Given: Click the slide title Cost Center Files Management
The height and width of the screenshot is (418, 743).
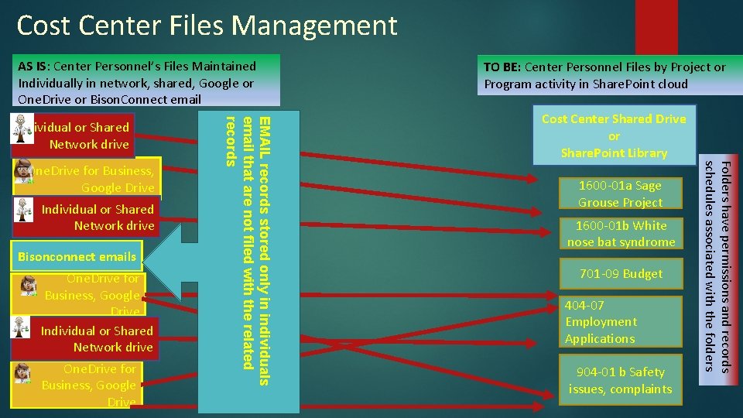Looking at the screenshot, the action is pyautogui.click(x=207, y=26).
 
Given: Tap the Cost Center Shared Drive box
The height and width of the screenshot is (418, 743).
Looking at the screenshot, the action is pyautogui.click(x=614, y=135).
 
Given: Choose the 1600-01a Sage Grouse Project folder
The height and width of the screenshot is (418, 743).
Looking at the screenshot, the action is pyautogui.click(x=621, y=194).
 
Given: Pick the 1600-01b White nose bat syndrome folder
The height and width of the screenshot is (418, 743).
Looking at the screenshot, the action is pyautogui.click(x=621, y=234).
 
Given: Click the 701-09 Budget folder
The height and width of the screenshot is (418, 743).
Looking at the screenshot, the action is pyautogui.click(x=621, y=274).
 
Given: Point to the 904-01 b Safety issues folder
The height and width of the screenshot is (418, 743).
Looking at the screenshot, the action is pyautogui.click(x=621, y=380).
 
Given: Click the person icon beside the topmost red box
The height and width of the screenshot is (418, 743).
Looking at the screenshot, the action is pyautogui.click(x=21, y=131).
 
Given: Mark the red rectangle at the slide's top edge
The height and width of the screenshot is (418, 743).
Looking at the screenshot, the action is pyautogui.click(x=656, y=26).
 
